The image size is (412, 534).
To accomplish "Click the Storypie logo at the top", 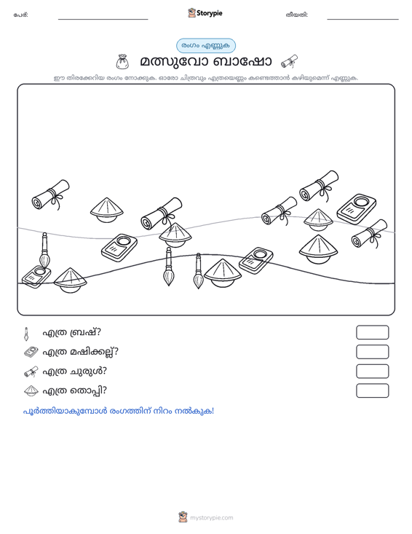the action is click(205, 13).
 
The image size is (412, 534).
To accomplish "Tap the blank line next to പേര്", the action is click(103, 19).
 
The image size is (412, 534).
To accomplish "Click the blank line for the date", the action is click(363, 19).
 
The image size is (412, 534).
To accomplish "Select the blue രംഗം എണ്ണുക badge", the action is click(206, 46).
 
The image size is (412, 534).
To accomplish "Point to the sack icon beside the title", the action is click(122, 61).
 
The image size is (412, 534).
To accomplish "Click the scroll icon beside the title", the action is click(289, 62).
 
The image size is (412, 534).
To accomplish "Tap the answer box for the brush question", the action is click(372, 332).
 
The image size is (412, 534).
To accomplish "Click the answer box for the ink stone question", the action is click(372, 352).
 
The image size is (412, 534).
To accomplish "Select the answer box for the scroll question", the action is click(372, 372).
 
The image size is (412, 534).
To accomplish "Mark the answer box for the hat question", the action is click(372, 390).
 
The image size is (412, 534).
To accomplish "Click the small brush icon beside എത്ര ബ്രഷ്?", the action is click(26, 334).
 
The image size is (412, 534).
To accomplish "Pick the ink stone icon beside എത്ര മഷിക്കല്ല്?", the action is click(31, 352).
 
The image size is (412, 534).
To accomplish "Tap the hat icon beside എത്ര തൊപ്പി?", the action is click(31, 391).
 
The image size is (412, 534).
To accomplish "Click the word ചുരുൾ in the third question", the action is click(88, 372).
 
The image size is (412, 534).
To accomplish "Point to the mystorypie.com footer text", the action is click(211, 518).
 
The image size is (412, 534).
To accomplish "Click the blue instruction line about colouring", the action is click(119, 412).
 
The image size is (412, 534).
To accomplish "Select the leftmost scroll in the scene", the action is click(51, 195).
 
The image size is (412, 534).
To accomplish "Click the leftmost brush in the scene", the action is click(44, 251).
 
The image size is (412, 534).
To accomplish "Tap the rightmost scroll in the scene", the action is click(370, 234).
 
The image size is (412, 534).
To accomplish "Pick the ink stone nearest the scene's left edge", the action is click(36, 277).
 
